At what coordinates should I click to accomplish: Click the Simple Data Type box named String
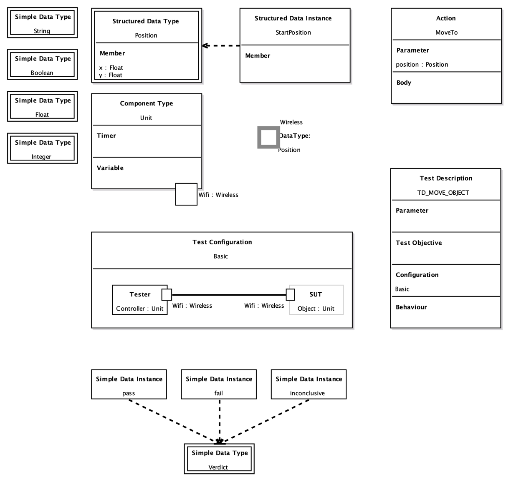tap(42, 23)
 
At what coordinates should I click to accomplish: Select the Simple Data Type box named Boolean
tap(42, 65)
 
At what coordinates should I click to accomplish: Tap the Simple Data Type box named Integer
tap(42, 148)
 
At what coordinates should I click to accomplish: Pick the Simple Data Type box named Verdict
tap(219, 459)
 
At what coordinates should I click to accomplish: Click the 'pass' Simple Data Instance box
tap(129, 384)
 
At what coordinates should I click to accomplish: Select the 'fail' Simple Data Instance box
tap(219, 384)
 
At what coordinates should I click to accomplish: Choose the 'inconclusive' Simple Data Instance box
tap(309, 384)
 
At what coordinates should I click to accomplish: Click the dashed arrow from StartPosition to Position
tap(221, 45)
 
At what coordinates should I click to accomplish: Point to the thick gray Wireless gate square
tap(268, 137)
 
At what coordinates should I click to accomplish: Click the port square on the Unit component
tap(186, 194)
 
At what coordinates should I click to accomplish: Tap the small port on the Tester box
tap(167, 294)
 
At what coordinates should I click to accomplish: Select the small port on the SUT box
tap(290, 294)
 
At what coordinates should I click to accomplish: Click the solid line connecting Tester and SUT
tap(229, 294)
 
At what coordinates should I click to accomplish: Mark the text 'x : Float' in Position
tap(111, 68)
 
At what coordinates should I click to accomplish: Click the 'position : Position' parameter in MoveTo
tap(422, 65)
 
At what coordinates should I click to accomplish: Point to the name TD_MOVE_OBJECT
tap(443, 193)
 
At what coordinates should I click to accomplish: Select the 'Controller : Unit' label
tap(139, 309)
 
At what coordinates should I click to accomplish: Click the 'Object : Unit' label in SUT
tap(316, 309)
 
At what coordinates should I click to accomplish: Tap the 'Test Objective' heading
tap(419, 243)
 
